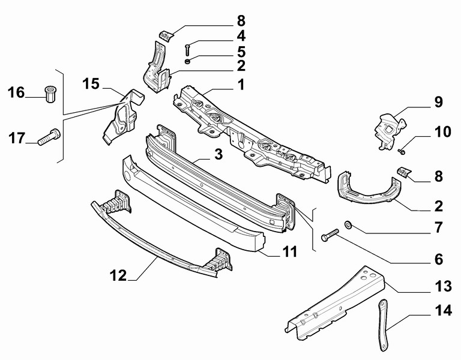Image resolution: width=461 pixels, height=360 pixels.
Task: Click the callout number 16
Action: click(16, 92)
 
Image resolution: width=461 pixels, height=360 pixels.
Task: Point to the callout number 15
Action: click(91, 83)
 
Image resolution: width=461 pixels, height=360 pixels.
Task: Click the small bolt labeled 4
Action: click(187, 49)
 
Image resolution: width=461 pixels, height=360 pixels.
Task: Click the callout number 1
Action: click(241, 85)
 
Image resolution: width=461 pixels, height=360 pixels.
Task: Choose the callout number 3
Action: click(218, 154)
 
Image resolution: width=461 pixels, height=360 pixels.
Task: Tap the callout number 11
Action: click(290, 253)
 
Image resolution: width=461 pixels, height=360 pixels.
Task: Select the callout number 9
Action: click(439, 102)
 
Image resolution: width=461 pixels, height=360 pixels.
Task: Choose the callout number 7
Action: click(439, 228)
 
